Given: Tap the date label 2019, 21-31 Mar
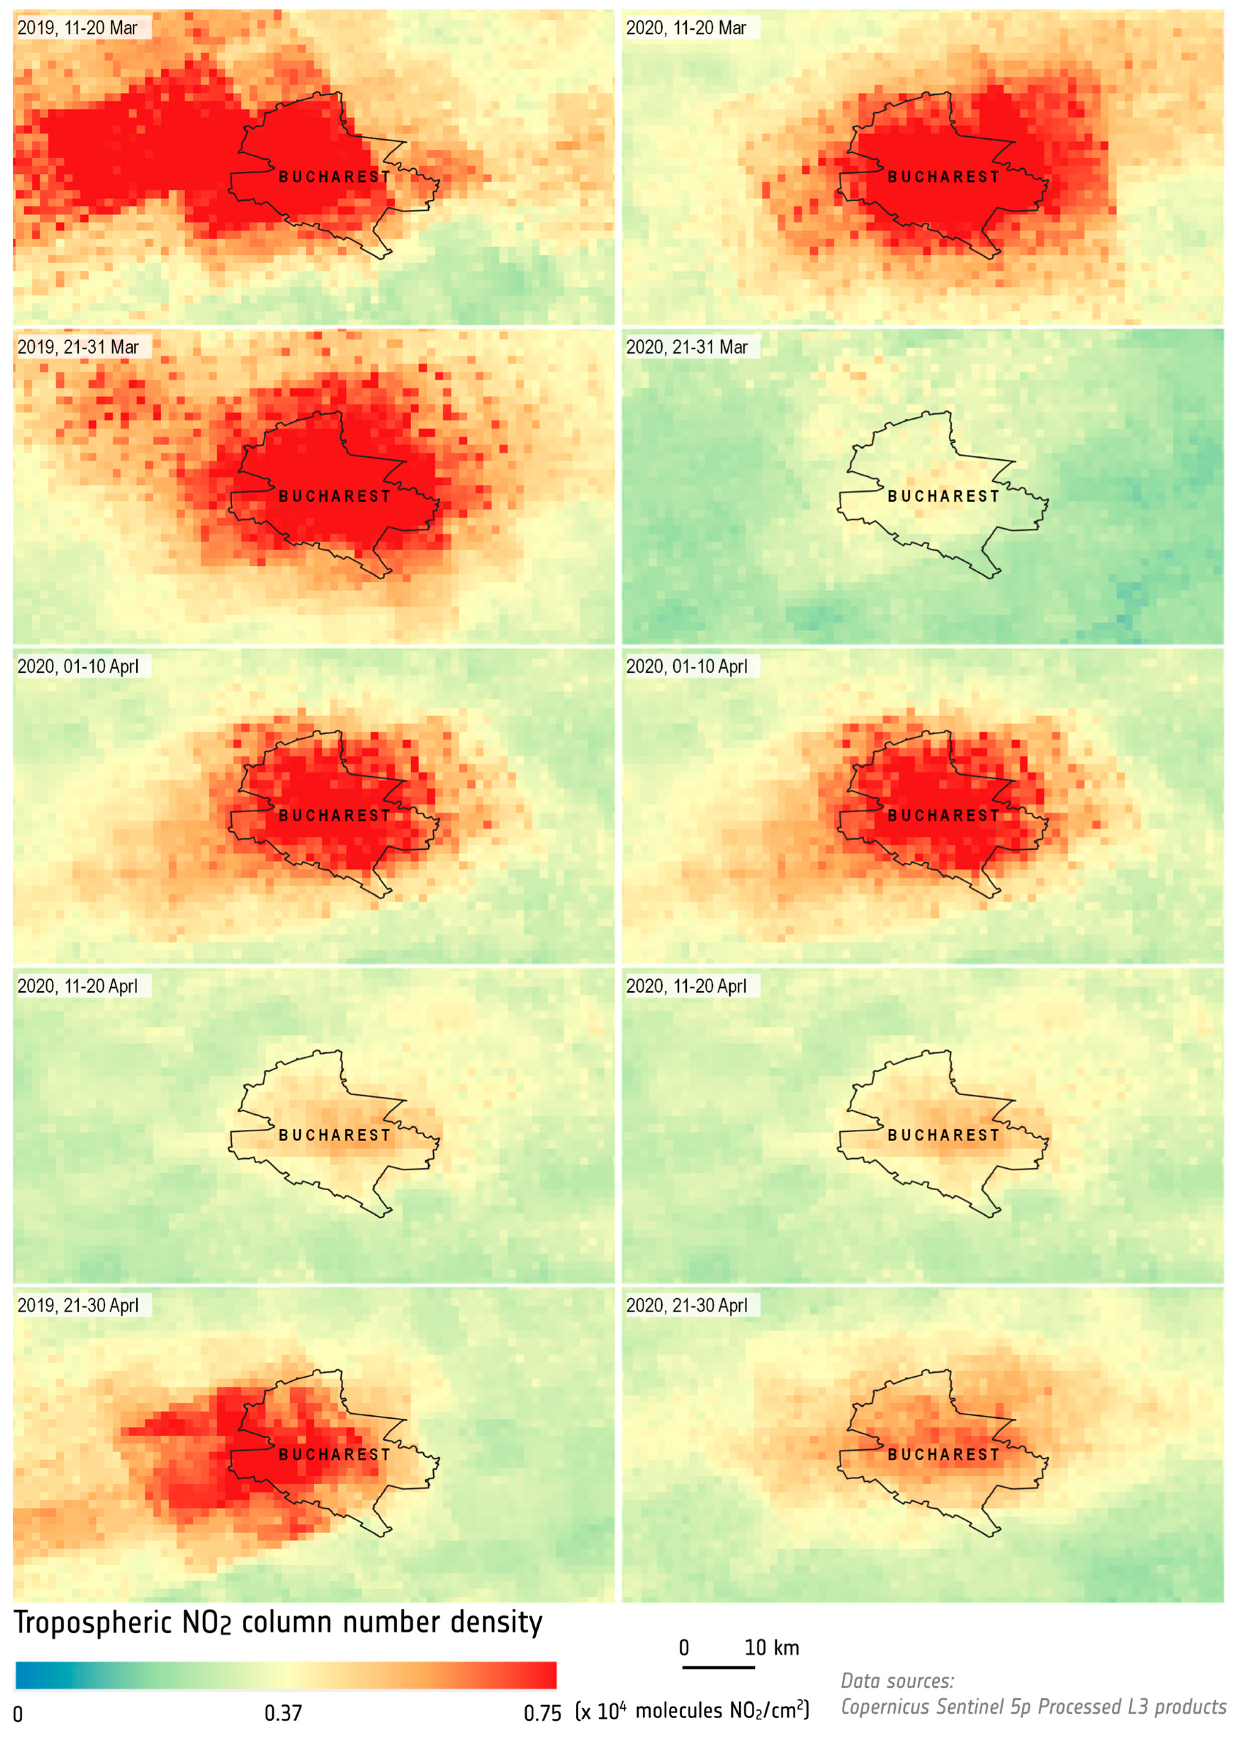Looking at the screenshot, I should (x=78, y=348).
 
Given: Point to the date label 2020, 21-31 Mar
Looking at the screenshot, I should (x=687, y=348).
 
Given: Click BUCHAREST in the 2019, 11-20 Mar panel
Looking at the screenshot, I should (x=335, y=177).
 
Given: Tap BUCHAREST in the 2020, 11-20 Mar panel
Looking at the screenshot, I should (x=944, y=177).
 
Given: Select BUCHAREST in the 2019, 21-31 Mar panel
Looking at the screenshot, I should (x=335, y=496).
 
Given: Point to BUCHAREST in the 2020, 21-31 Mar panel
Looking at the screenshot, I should (x=944, y=496).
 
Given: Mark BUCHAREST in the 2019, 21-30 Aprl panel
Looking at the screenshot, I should (x=335, y=1454).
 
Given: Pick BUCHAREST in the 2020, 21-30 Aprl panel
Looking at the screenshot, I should (x=944, y=1454).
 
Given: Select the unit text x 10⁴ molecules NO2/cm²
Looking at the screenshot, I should (x=692, y=1711).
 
